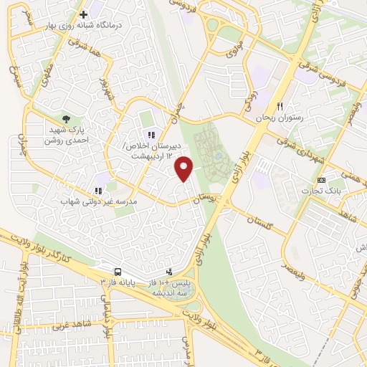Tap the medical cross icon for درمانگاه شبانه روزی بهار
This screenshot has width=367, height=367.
[84, 14]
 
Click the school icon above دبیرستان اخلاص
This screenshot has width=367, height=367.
[151, 134]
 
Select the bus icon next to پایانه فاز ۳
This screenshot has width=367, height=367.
[117, 272]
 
